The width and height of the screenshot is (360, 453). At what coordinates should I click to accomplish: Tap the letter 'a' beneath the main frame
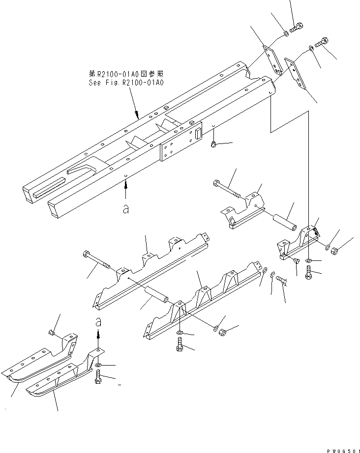pos(126,209)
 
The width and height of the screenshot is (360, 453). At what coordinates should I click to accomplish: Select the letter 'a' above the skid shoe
pos(98,322)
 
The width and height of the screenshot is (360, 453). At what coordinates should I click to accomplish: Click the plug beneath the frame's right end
pos(213,144)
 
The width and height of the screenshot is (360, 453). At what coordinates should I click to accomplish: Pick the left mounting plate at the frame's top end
pos(271,59)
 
